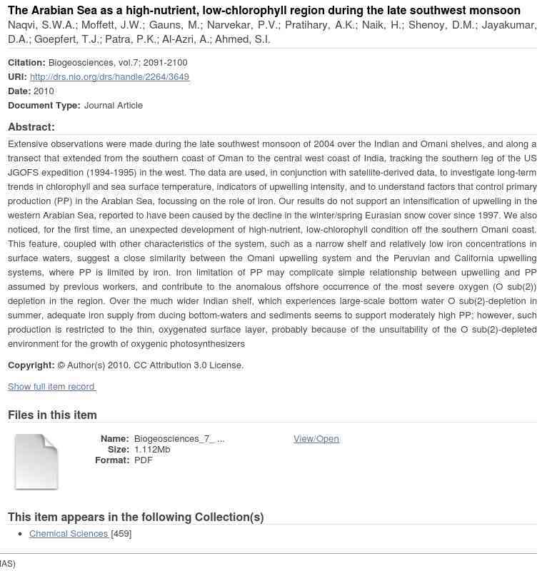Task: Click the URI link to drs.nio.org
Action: (x=109, y=77)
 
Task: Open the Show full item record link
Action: (x=51, y=387)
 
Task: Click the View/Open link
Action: (x=316, y=439)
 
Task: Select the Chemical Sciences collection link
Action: (x=69, y=534)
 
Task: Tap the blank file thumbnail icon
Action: (x=36, y=462)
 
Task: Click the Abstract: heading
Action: (x=31, y=127)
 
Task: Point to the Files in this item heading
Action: (x=52, y=415)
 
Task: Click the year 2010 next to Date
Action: (x=44, y=91)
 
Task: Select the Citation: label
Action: (x=26, y=63)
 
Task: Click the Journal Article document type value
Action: (x=113, y=106)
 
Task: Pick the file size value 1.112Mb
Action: (x=152, y=450)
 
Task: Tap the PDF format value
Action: (x=143, y=460)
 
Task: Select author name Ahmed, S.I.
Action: (x=242, y=40)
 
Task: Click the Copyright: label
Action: (x=31, y=365)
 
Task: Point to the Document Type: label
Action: (x=44, y=106)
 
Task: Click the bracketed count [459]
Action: (x=121, y=534)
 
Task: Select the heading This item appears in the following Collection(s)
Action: (x=136, y=517)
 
